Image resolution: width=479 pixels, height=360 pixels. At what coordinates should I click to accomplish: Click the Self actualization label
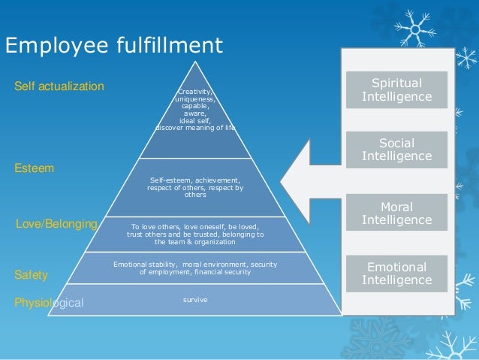click(59, 86)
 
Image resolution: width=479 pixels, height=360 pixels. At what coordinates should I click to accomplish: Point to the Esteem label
click(35, 168)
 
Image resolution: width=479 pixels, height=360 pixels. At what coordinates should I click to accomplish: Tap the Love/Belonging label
click(57, 224)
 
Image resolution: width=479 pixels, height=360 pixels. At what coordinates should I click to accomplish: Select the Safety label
click(32, 275)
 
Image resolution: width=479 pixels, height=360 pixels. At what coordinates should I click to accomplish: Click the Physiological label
click(50, 303)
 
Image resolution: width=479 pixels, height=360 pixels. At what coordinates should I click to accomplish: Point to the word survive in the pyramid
click(195, 300)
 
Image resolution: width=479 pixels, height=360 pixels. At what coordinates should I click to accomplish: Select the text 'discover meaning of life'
click(195, 127)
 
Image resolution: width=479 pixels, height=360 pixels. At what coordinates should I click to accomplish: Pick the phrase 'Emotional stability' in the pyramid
click(145, 265)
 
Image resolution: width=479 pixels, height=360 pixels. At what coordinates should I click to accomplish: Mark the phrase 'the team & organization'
click(195, 242)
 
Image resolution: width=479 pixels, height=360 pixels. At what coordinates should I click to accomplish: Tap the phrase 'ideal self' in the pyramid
click(195, 120)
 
